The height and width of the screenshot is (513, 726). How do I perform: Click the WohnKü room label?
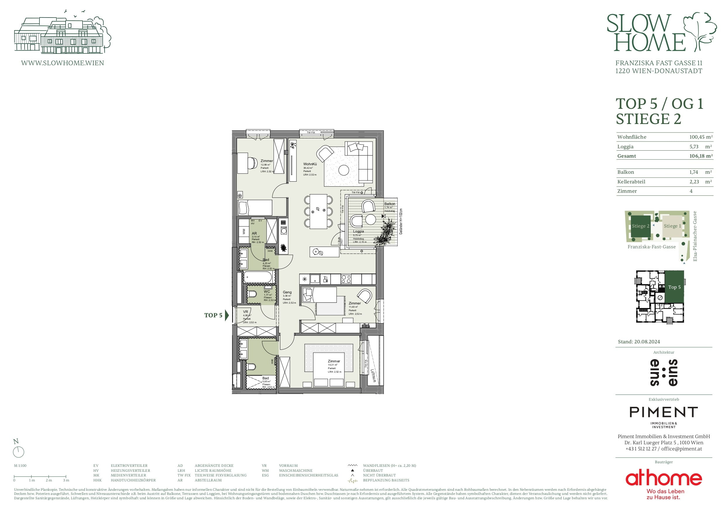310,164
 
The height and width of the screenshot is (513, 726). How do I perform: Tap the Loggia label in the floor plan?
358,231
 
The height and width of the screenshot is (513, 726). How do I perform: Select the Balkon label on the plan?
389,204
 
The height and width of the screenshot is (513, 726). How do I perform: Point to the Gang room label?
287,292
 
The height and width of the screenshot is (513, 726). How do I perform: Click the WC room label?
267,292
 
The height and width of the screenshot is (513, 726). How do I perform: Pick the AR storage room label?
254,233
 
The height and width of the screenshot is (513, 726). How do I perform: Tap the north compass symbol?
18,452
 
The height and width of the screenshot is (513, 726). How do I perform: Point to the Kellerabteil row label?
631,182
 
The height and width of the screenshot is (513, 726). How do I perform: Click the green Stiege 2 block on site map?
640,226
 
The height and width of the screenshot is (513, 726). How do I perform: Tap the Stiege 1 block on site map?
672,226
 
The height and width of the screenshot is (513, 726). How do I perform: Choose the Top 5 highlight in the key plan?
674,287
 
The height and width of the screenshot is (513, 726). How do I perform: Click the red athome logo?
663,478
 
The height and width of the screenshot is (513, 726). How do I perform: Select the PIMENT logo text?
663,412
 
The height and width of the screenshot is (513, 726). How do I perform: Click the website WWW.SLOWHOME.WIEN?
62,63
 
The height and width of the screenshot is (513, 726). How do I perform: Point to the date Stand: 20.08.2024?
639,342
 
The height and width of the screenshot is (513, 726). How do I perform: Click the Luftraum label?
373,376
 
